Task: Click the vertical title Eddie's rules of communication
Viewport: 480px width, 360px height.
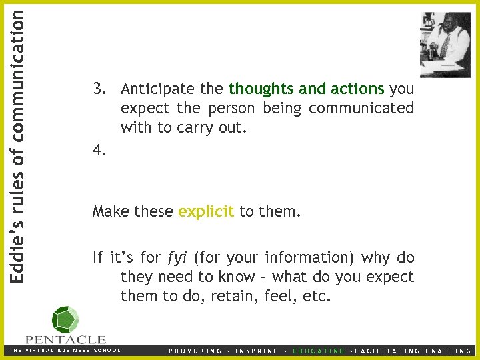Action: point(19,141)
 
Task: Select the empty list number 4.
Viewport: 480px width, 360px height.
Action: point(99,151)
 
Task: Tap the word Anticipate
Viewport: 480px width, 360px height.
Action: point(158,89)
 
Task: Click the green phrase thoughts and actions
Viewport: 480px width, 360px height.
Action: point(307,89)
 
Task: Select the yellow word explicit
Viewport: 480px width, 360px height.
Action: point(206,212)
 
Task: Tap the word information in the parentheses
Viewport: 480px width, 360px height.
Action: point(304,257)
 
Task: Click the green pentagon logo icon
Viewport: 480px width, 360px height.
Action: point(65,320)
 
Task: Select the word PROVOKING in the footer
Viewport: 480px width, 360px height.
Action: point(195,351)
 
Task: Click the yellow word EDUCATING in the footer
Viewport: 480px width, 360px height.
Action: point(319,351)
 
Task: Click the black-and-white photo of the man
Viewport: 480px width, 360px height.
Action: point(445,44)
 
